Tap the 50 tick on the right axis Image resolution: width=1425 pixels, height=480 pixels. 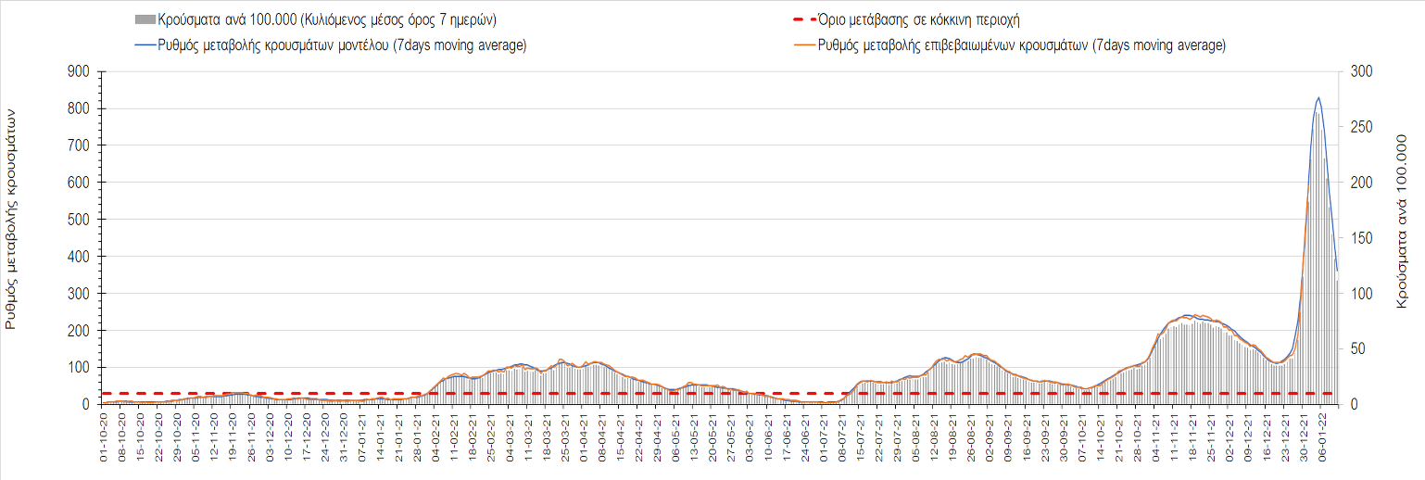click(1354, 348)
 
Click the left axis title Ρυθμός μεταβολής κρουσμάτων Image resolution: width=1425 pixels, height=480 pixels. click(12, 219)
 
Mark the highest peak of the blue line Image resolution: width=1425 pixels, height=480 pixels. click(1318, 97)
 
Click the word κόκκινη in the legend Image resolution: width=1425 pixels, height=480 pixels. click(952, 19)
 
